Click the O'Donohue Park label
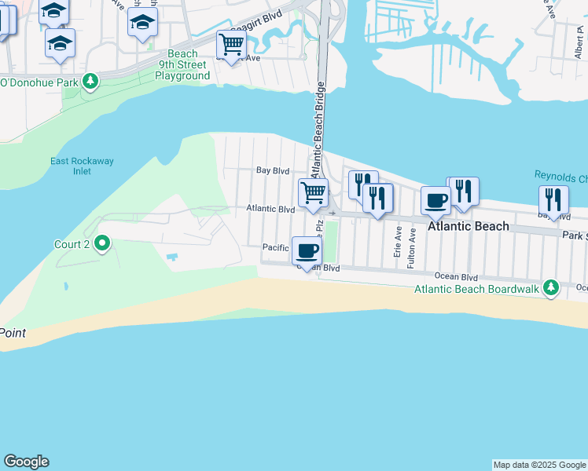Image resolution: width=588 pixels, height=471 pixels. pyautogui.click(x=38, y=82)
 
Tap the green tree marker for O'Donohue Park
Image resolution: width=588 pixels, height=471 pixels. pyautogui.click(x=91, y=81)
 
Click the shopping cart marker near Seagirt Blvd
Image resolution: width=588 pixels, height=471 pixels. pyautogui.click(x=230, y=45)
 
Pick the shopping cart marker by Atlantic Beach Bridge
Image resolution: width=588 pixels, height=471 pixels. pyautogui.click(x=314, y=192)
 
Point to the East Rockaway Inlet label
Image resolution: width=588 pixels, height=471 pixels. pyautogui.click(x=82, y=166)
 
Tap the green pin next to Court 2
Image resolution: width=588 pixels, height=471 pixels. pyautogui.click(x=102, y=244)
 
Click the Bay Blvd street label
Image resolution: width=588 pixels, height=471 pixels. pyautogui.click(x=274, y=170)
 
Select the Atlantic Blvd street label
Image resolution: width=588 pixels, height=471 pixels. pyautogui.click(x=270, y=210)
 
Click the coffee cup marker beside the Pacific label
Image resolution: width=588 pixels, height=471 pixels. pyautogui.click(x=307, y=251)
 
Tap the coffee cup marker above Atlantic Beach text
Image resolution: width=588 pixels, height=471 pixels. pyautogui.click(x=435, y=200)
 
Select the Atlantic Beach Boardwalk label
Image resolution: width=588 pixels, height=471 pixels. pyautogui.click(x=477, y=290)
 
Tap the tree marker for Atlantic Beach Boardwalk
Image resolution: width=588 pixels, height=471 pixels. pyautogui.click(x=552, y=287)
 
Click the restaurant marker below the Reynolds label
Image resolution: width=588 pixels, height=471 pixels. pyautogui.click(x=553, y=200)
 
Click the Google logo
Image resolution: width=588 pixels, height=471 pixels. pyautogui.click(x=26, y=462)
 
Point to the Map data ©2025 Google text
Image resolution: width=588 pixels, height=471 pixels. pyautogui.click(x=539, y=465)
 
